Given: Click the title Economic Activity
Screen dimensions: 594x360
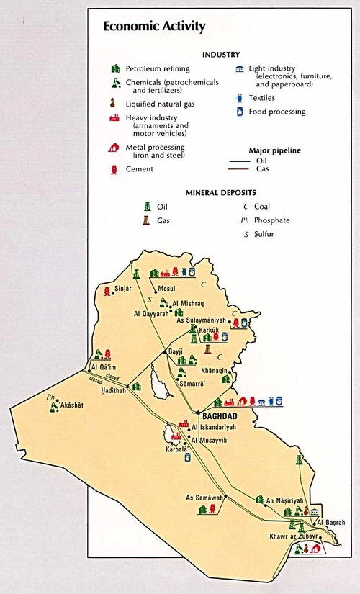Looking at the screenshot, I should pyautogui.click(x=154, y=27).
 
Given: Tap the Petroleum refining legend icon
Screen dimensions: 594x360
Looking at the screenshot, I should pyautogui.click(x=115, y=68).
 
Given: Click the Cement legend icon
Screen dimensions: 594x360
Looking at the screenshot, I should pyautogui.click(x=115, y=169).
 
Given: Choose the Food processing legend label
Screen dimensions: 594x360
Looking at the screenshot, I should pyautogui.click(x=277, y=112).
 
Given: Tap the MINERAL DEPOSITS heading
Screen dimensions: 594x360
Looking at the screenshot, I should pyautogui.click(x=221, y=193).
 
